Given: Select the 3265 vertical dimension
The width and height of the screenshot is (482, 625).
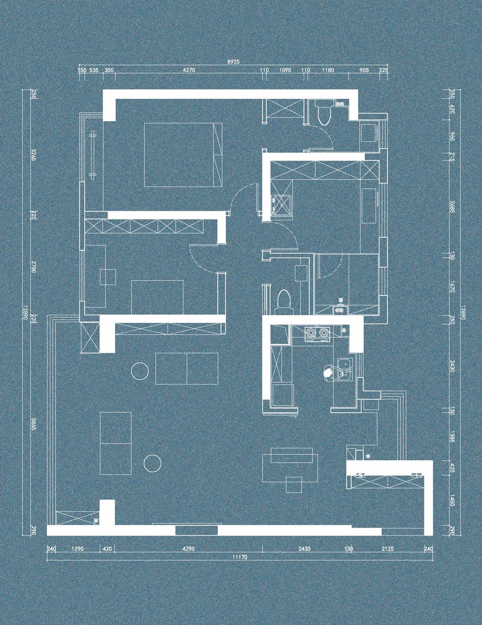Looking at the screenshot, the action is [x=33, y=155].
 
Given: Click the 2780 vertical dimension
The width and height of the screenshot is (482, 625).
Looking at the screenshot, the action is [x=33, y=267].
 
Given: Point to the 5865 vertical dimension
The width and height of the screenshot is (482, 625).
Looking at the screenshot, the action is [x=33, y=432].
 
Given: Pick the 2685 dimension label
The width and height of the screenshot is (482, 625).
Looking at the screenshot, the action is [x=452, y=207].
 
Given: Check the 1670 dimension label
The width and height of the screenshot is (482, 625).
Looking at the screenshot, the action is [x=452, y=287].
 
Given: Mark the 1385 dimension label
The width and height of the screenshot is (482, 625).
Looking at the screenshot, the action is [x=452, y=436].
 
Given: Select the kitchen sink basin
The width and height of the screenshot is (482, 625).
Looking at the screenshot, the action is [x=343, y=363].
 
